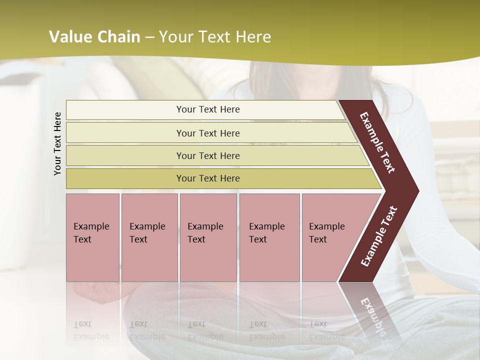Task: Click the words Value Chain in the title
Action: (x=94, y=37)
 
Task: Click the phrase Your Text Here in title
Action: (x=215, y=37)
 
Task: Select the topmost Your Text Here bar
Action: (x=207, y=109)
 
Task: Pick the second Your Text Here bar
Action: (x=207, y=133)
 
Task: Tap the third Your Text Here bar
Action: (x=207, y=155)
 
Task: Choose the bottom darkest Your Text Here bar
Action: (x=207, y=178)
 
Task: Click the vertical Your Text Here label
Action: (x=57, y=143)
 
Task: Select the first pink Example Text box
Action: (x=92, y=237)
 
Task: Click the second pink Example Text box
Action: (x=149, y=237)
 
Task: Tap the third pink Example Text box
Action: (x=208, y=237)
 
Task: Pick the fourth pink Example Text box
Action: (x=269, y=237)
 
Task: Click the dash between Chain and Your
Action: (x=149, y=37)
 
